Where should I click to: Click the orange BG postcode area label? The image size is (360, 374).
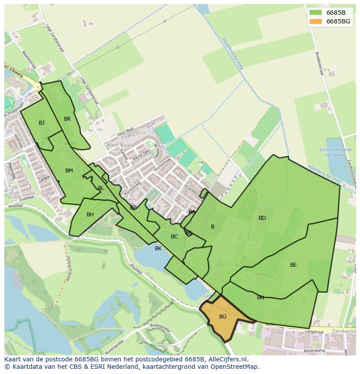click(x=223, y=317)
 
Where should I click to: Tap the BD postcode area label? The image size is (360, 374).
click(x=262, y=218)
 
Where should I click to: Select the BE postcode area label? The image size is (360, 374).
click(x=293, y=265)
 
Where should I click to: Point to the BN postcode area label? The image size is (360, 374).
click(x=260, y=298)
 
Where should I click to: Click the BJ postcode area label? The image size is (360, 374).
click(x=41, y=123)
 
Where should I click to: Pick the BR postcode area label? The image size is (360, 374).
click(x=67, y=119)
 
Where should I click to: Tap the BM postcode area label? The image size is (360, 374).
click(x=69, y=171)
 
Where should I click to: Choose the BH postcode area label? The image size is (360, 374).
click(x=90, y=215)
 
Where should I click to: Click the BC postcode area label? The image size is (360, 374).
click(x=174, y=237)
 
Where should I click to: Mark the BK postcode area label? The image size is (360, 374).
click(x=158, y=248)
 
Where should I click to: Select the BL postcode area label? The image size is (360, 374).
click(x=101, y=188)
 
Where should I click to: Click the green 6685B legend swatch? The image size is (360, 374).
click(x=315, y=13)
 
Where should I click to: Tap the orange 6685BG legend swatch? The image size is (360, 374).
click(x=315, y=21)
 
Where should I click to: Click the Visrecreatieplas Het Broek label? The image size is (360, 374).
click(x=335, y=152)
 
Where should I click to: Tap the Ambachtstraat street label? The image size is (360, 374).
click(x=70, y=269)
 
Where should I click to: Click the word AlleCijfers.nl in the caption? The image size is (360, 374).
click(x=226, y=359)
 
